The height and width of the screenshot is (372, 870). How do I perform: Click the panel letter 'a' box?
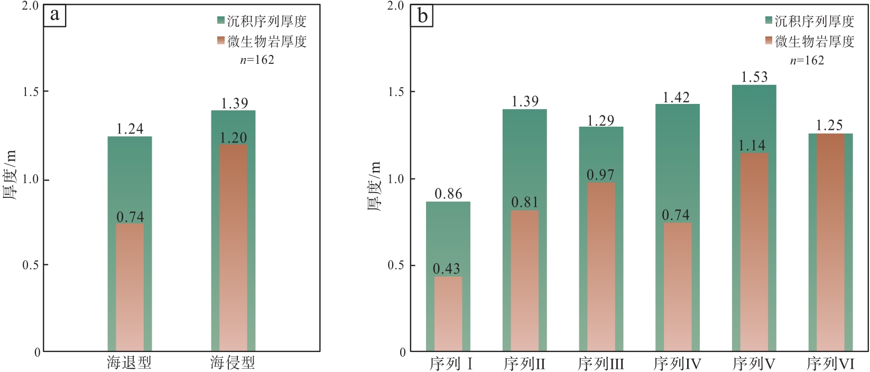tap(54, 15)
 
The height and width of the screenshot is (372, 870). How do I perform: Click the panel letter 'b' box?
tap(422, 16)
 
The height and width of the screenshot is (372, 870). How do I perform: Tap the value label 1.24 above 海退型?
tap(129, 129)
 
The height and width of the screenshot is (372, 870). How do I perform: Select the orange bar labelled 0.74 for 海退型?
tap(129, 288)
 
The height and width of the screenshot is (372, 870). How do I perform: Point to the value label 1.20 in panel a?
tap(233, 138)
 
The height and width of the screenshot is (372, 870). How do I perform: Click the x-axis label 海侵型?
tap(233, 363)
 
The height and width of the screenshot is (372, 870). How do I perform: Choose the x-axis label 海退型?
tap(129, 363)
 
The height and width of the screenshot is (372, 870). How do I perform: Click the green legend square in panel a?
tap(221, 21)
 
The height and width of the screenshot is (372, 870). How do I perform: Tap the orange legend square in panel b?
tap(769, 41)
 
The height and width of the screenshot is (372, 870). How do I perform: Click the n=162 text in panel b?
tap(807, 61)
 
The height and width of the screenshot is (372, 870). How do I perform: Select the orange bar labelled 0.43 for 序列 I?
tap(448, 314)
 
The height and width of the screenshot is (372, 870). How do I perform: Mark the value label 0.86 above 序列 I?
tap(448, 194)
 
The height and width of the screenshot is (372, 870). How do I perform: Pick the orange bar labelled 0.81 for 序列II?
tap(524, 281)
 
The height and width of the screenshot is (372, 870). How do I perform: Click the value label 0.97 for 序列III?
tap(600, 175)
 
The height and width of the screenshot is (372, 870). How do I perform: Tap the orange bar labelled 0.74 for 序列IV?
tap(677, 288)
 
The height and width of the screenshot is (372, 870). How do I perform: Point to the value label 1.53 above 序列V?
tap(754, 77)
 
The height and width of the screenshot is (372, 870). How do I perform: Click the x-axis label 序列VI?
tap(830, 364)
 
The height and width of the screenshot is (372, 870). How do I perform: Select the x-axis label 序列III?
tap(601, 364)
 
